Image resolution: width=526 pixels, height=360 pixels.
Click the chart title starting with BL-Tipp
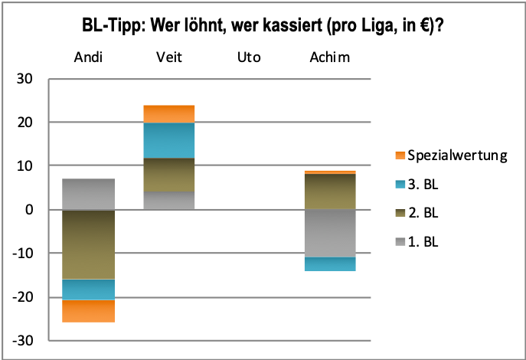pyautogui.click(x=263, y=26)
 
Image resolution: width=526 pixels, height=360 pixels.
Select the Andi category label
pyautogui.click(x=89, y=58)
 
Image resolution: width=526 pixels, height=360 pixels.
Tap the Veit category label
pyautogui.click(x=170, y=58)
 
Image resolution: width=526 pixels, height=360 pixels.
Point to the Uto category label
pyautogui.click(x=250, y=58)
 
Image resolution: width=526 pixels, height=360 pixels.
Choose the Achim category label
pyautogui.click(x=331, y=58)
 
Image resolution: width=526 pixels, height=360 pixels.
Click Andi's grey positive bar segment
pyautogui.click(x=89, y=194)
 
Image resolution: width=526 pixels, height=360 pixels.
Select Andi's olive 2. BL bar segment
pyautogui.click(x=89, y=244)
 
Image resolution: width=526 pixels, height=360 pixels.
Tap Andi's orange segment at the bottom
pyautogui.click(x=89, y=311)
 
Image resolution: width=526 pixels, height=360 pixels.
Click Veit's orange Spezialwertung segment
pyautogui.click(x=170, y=114)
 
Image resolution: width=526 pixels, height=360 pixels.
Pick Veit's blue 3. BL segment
pyautogui.click(x=170, y=140)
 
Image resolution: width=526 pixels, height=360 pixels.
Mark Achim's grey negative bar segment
pyautogui.click(x=331, y=233)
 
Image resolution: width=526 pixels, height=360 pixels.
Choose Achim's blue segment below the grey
pyautogui.click(x=331, y=264)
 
